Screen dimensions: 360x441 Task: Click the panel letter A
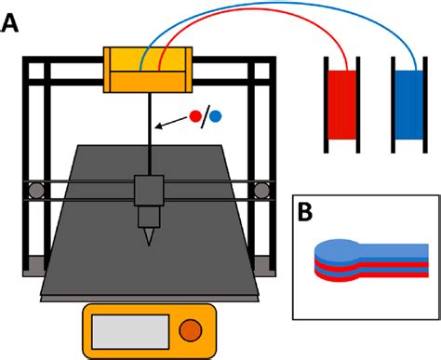11,21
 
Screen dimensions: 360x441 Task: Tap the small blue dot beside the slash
216,116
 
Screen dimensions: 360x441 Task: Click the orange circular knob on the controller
190,329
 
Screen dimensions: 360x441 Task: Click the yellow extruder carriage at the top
149,70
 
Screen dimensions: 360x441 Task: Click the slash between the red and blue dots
207,117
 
